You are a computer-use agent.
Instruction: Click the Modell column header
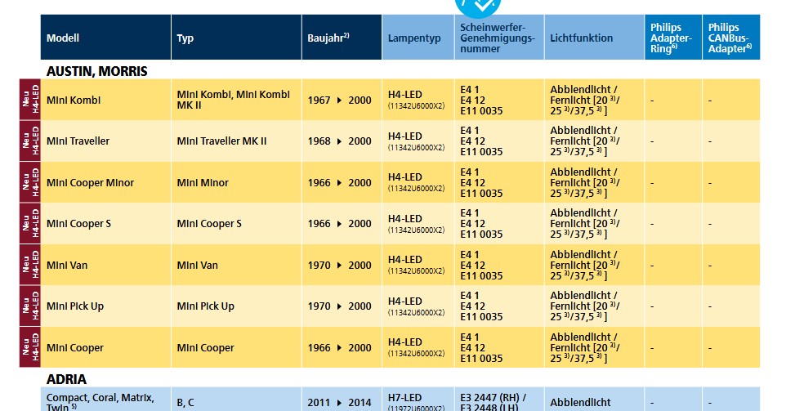tap(63, 38)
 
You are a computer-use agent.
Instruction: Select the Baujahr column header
tap(328, 38)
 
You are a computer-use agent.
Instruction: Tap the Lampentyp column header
tap(414, 38)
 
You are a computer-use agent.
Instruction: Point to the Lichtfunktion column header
tap(582, 38)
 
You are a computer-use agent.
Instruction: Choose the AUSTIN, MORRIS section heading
tap(96, 71)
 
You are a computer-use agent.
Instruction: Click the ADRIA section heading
tap(66, 379)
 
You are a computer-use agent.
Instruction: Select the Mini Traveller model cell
tap(78, 141)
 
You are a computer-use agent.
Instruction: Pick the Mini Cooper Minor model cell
tap(90, 182)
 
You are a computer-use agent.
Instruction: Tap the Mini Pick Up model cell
tap(75, 306)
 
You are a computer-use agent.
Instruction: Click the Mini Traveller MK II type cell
tap(221, 141)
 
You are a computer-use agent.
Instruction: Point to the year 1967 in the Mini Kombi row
tap(319, 100)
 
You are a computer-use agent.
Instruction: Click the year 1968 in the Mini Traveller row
tap(319, 141)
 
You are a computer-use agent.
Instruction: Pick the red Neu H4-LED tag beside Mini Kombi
tap(30, 100)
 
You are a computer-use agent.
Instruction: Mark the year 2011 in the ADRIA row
tap(319, 403)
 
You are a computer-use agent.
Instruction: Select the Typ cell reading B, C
tap(185, 403)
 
